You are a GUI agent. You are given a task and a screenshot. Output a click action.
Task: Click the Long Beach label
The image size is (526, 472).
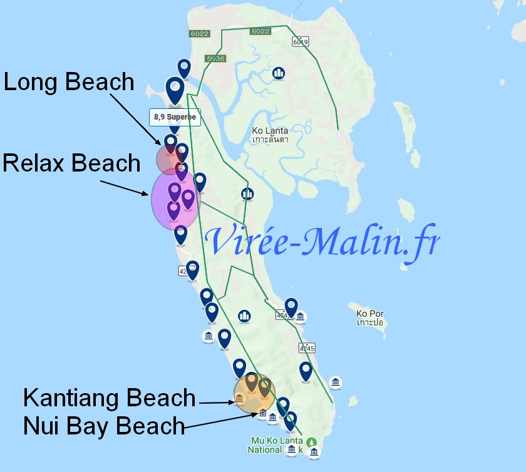click(69, 82)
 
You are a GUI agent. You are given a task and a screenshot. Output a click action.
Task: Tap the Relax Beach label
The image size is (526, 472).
click(71, 163)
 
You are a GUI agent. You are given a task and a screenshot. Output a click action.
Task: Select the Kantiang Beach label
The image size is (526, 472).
click(110, 398)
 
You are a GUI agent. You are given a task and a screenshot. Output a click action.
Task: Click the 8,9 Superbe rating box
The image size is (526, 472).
click(175, 117)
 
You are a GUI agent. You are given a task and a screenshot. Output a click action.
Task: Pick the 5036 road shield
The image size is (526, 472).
click(214, 58)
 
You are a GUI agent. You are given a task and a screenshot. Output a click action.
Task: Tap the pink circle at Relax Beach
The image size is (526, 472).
click(175, 198)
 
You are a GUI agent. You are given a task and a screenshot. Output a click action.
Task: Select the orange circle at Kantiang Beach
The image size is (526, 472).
click(254, 394)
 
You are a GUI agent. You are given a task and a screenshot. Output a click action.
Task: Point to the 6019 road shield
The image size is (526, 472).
click(301, 42)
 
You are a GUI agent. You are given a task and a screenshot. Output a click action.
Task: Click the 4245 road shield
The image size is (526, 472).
click(307, 348)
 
